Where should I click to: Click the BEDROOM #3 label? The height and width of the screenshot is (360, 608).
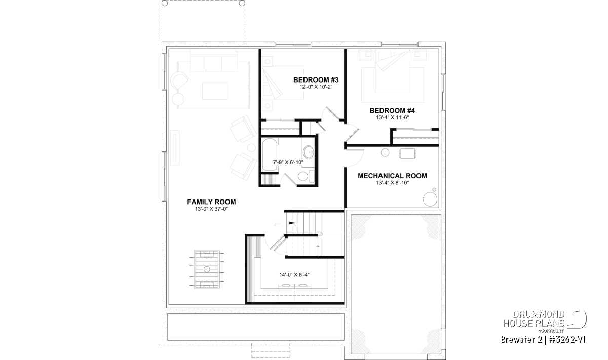click(x=316, y=80)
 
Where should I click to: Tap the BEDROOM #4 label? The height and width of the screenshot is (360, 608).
click(x=392, y=111)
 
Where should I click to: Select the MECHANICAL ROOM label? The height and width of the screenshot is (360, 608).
click(x=392, y=176)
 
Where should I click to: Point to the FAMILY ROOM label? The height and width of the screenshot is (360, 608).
click(x=211, y=202)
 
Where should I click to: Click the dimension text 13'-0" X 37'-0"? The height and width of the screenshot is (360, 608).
click(x=211, y=209)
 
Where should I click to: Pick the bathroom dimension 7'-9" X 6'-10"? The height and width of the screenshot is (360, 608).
click(x=288, y=162)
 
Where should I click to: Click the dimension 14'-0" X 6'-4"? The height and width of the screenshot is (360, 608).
click(x=294, y=275)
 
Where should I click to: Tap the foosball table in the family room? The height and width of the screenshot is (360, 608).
click(x=207, y=269)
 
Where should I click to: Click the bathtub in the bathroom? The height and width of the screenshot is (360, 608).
click(x=270, y=154)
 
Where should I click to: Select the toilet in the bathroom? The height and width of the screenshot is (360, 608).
click(x=306, y=176)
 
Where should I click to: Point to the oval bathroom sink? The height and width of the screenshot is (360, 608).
click(x=308, y=152)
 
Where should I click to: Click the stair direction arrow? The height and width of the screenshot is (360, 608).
click(x=285, y=223)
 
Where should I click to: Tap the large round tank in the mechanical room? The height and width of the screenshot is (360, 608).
click(x=430, y=199)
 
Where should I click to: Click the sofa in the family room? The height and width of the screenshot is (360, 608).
click(x=214, y=62)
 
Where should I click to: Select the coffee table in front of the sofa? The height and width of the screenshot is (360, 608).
click(x=215, y=91)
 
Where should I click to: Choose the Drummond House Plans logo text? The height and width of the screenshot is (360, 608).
click(x=534, y=319)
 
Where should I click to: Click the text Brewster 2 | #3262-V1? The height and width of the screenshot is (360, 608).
click(x=543, y=340)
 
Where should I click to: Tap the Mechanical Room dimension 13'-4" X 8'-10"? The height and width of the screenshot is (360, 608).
click(x=392, y=183)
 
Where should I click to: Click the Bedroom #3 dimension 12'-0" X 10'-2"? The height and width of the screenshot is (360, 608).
click(x=316, y=87)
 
